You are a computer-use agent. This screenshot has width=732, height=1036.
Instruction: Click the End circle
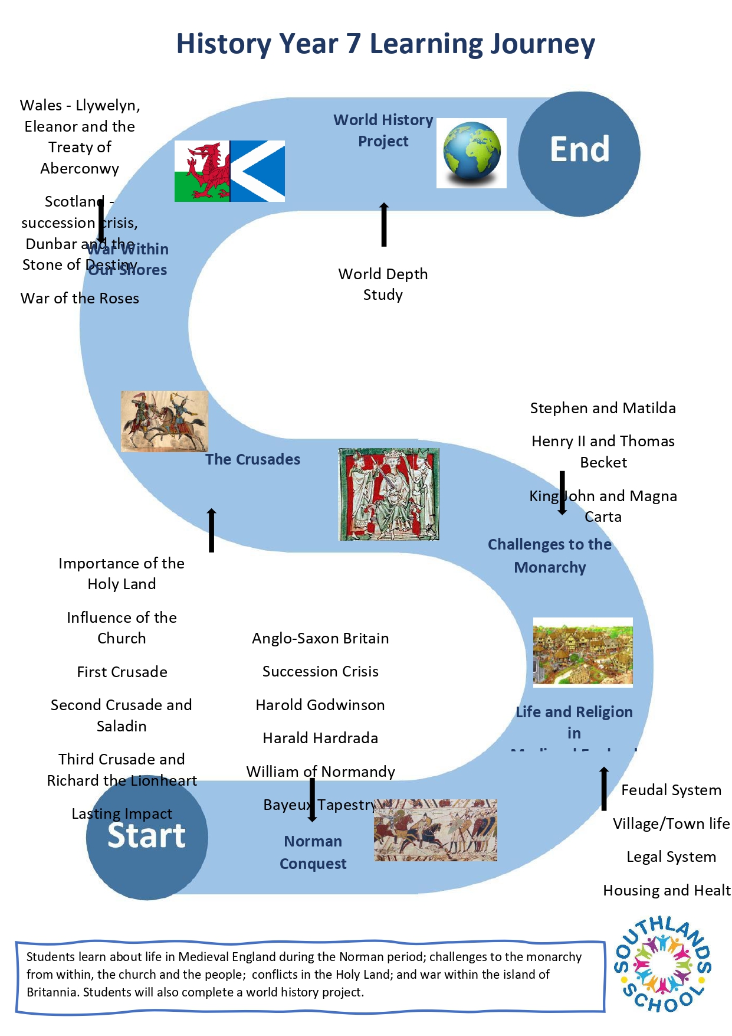point(579,153)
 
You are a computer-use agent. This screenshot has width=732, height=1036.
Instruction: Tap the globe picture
point(471,152)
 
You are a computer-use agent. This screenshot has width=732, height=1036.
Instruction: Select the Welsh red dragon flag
point(202,171)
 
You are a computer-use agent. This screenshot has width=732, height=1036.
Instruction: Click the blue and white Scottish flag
point(258,171)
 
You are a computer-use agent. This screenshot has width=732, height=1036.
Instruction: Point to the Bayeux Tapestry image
point(435,830)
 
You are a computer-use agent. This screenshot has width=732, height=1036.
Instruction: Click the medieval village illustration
point(583,652)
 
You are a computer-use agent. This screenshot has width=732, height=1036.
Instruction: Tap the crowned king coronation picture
point(389,494)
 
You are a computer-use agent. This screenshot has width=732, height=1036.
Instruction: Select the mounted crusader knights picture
point(164,421)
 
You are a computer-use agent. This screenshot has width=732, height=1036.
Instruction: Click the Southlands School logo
point(663,964)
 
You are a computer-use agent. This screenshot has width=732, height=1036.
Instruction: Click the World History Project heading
point(383,130)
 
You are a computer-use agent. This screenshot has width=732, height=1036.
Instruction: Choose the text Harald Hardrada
point(320,738)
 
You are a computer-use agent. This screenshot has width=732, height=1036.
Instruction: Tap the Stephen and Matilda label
point(603,408)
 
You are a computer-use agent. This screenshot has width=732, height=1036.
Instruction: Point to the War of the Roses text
point(80,298)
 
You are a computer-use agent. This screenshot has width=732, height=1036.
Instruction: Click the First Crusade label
point(122,672)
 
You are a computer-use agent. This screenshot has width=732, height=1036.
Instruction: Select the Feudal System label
point(671,790)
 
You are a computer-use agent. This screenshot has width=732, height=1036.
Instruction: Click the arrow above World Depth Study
point(384,224)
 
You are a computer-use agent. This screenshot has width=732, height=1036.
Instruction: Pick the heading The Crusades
point(252,459)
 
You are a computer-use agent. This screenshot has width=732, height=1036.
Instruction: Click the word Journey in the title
point(543,44)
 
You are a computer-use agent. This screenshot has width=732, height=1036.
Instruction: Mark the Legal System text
point(671,857)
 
